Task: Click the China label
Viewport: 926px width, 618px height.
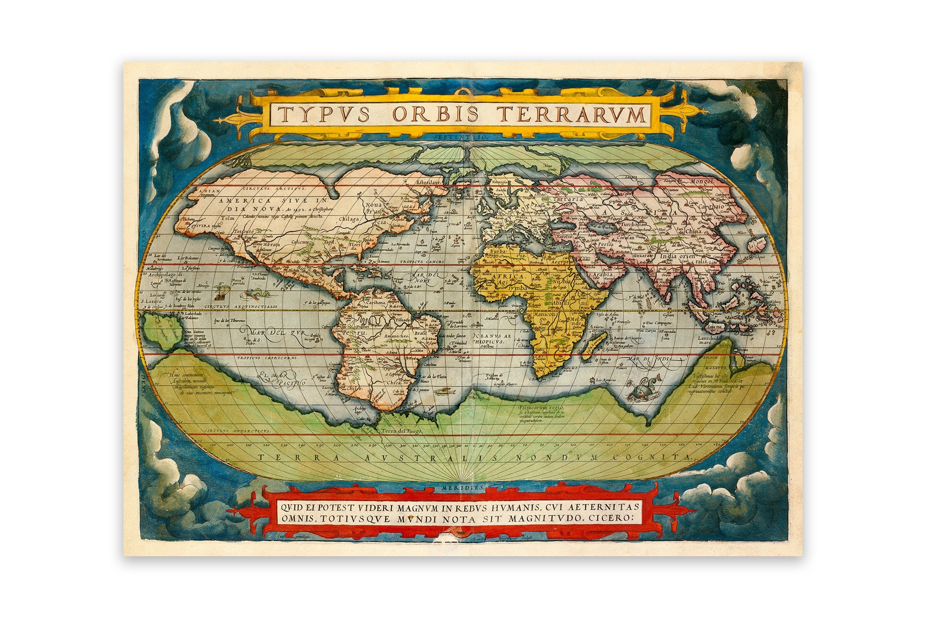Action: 693,231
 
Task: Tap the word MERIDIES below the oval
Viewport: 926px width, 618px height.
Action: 463,487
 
